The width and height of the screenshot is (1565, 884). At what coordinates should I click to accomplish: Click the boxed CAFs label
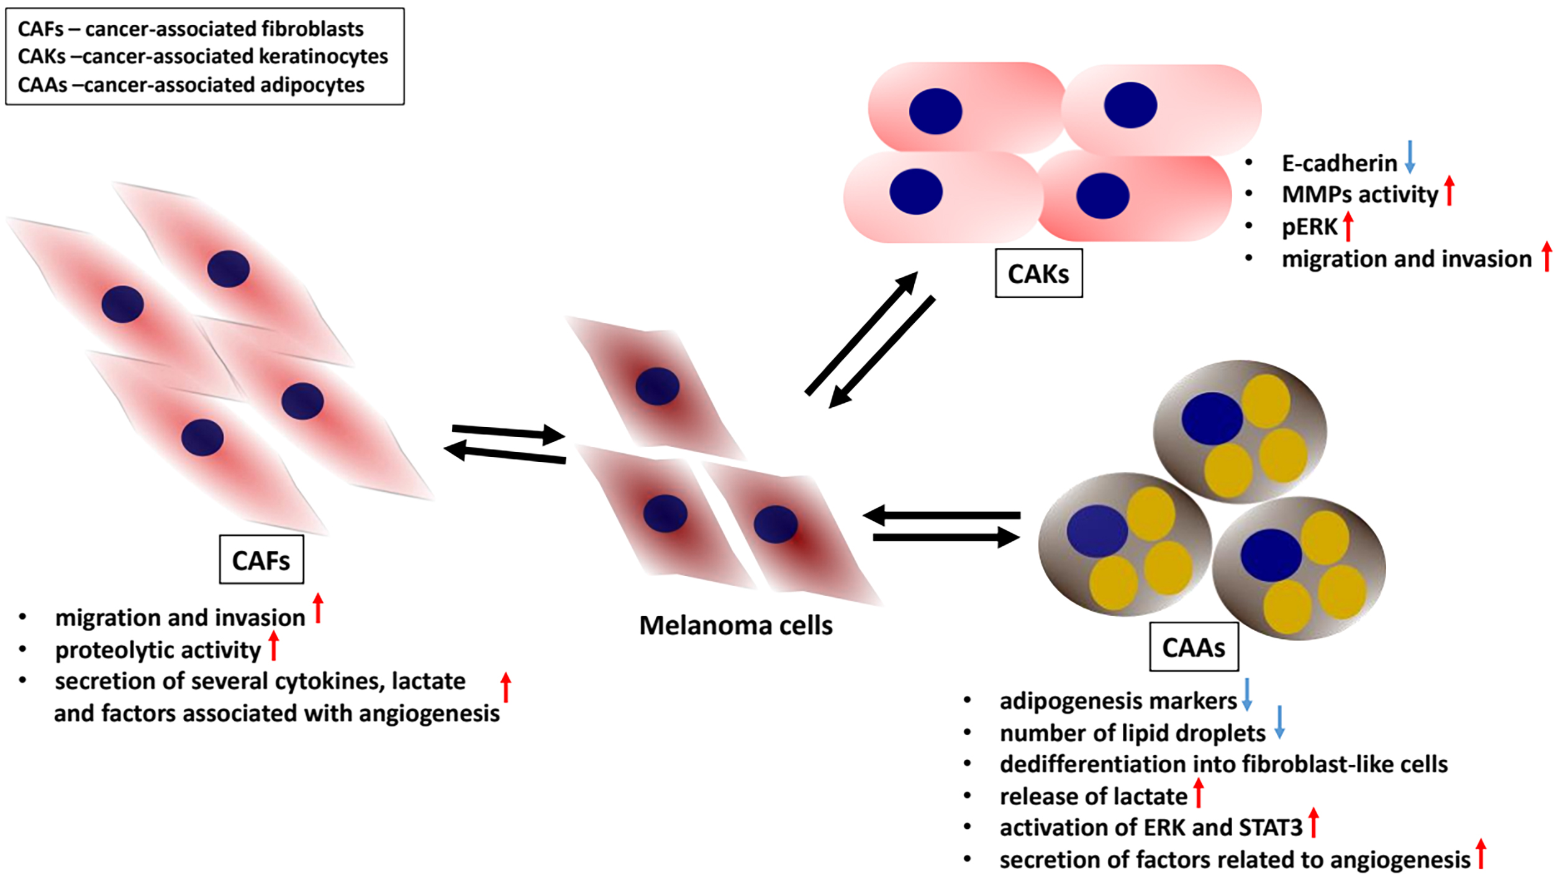tap(261, 560)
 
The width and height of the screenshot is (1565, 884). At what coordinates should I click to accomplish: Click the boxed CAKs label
tap(1038, 274)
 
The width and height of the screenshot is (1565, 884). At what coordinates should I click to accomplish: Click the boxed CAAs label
tap(1194, 648)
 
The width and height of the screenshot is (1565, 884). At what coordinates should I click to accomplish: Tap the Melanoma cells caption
tap(736, 626)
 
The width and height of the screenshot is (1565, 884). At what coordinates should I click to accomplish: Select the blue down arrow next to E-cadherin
tap(1410, 156)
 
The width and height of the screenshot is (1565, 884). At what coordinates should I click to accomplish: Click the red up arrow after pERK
tap(1348, 226)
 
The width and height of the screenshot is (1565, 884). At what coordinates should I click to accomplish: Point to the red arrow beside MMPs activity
tap(1449, 191)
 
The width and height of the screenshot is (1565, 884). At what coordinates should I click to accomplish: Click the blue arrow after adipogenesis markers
tap(1246, 695)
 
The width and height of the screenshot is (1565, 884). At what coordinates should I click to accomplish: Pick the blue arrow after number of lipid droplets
tap(1279, 723)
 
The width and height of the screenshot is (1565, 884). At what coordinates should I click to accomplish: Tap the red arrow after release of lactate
tap(1199, 793)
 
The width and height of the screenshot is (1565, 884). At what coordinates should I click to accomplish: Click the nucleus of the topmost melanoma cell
tap(657, 386)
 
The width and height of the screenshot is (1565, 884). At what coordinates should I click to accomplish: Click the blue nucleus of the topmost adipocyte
tap(1212, 418)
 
